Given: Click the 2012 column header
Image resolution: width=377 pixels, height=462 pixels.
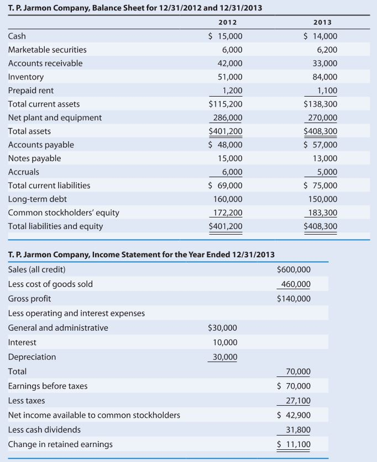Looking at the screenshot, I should click(228, 23).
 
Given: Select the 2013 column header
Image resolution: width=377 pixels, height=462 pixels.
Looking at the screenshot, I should click(323, 23).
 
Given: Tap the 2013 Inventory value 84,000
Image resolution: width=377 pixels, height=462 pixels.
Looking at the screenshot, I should click(324, 77).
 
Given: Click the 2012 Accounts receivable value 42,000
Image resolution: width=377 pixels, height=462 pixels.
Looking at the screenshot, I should click(229, 63).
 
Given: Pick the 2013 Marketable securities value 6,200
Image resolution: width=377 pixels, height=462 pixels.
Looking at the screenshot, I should click(326, 50).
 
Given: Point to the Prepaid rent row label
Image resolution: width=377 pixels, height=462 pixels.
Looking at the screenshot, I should click(31, 91).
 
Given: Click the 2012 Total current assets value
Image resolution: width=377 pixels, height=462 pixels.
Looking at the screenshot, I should click(225, 104).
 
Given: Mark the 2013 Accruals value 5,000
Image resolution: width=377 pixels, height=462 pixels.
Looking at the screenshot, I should click(326, 172).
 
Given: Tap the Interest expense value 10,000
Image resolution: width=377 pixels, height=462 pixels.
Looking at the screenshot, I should click(225, 342).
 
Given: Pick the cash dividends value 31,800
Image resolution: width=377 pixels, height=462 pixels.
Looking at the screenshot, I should click(298, 429).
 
